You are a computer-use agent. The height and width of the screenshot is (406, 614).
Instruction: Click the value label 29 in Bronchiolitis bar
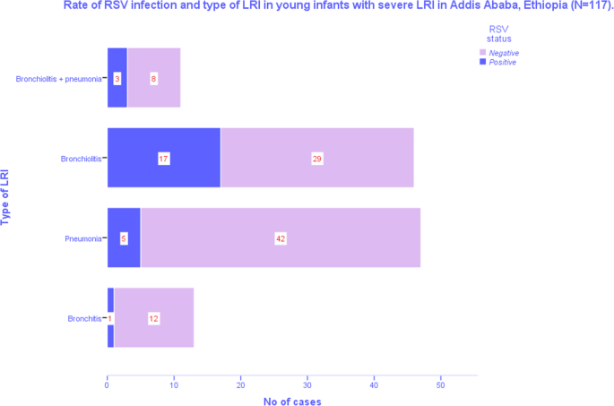pos(316,159)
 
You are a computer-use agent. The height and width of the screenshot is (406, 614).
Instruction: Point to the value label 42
pos(281,238)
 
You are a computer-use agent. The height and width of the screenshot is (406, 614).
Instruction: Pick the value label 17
pos(164,159)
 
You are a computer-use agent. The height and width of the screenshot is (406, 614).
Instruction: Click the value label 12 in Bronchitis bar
pos(153,318)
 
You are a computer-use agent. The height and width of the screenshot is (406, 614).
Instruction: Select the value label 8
pos(154,79)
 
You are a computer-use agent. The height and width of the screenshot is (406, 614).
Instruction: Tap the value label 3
pos(117,79)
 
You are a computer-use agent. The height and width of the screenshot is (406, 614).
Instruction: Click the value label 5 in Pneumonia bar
pos(124,238)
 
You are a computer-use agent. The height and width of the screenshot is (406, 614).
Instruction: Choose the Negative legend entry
pos(503,53)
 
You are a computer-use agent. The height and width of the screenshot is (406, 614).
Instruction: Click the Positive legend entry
pos(502,62)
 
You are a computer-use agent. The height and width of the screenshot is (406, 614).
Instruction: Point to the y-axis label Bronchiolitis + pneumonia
pos(58,79)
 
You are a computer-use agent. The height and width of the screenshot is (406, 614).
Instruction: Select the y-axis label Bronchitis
pos(85,318)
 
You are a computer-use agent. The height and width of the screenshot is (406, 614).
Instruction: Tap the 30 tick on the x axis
pos(307,385)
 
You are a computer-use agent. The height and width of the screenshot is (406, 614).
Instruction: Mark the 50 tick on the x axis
pos(440,385)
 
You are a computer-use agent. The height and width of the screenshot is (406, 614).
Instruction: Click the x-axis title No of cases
pos(292,401)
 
